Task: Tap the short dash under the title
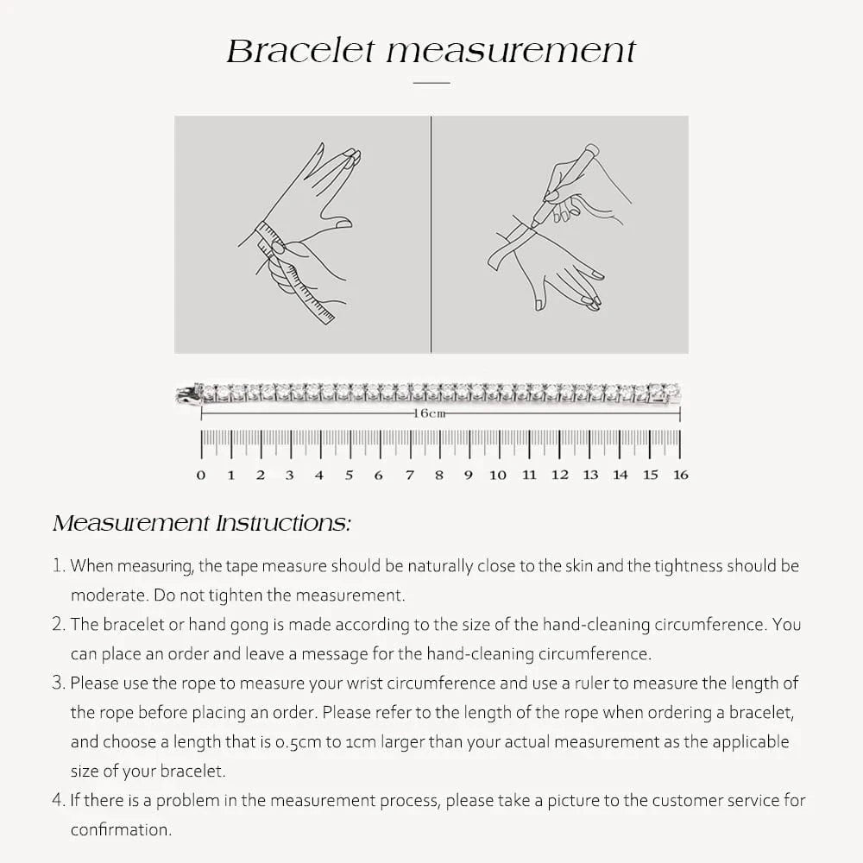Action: (x=431, y=83)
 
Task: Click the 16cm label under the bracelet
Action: (x=431, y=413)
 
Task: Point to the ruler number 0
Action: (x=201, y=475)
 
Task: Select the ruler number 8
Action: (x=439, y=475)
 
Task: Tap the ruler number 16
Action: (x=681, y=475)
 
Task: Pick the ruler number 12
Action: (x=560, y=475)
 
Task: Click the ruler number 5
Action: (x=350, y=475)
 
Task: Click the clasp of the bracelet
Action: (x=186, y=395)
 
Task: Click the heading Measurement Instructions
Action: (x=202, y=524)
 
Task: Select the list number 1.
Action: (x=58, y=566)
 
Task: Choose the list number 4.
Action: (x=58, y=800)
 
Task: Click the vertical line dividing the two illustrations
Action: (x=431, y=235)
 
